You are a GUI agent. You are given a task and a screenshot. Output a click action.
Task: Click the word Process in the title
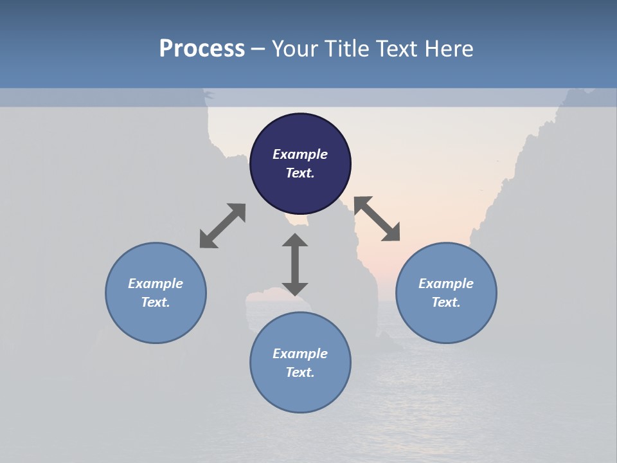click(202, 49)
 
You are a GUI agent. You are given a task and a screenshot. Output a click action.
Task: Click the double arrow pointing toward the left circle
click(222, 226)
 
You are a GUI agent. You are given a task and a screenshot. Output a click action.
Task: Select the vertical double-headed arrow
click(295, 264)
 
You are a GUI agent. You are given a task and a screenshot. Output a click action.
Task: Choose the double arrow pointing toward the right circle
click(377, 219)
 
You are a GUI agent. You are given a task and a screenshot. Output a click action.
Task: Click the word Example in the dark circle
click(300, 154)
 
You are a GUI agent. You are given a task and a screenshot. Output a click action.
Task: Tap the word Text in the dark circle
click(300, 173)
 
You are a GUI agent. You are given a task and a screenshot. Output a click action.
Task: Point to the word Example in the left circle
click(156, 284)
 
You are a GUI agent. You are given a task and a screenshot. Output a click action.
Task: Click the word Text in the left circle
click(156, 302)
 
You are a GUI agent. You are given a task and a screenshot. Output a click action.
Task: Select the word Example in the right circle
click(446, 284)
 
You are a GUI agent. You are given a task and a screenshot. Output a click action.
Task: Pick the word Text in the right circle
click(446, 302)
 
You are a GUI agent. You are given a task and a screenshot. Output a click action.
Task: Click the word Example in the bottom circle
click(300, 354)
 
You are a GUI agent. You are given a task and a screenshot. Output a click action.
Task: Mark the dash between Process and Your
click(258, 50)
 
